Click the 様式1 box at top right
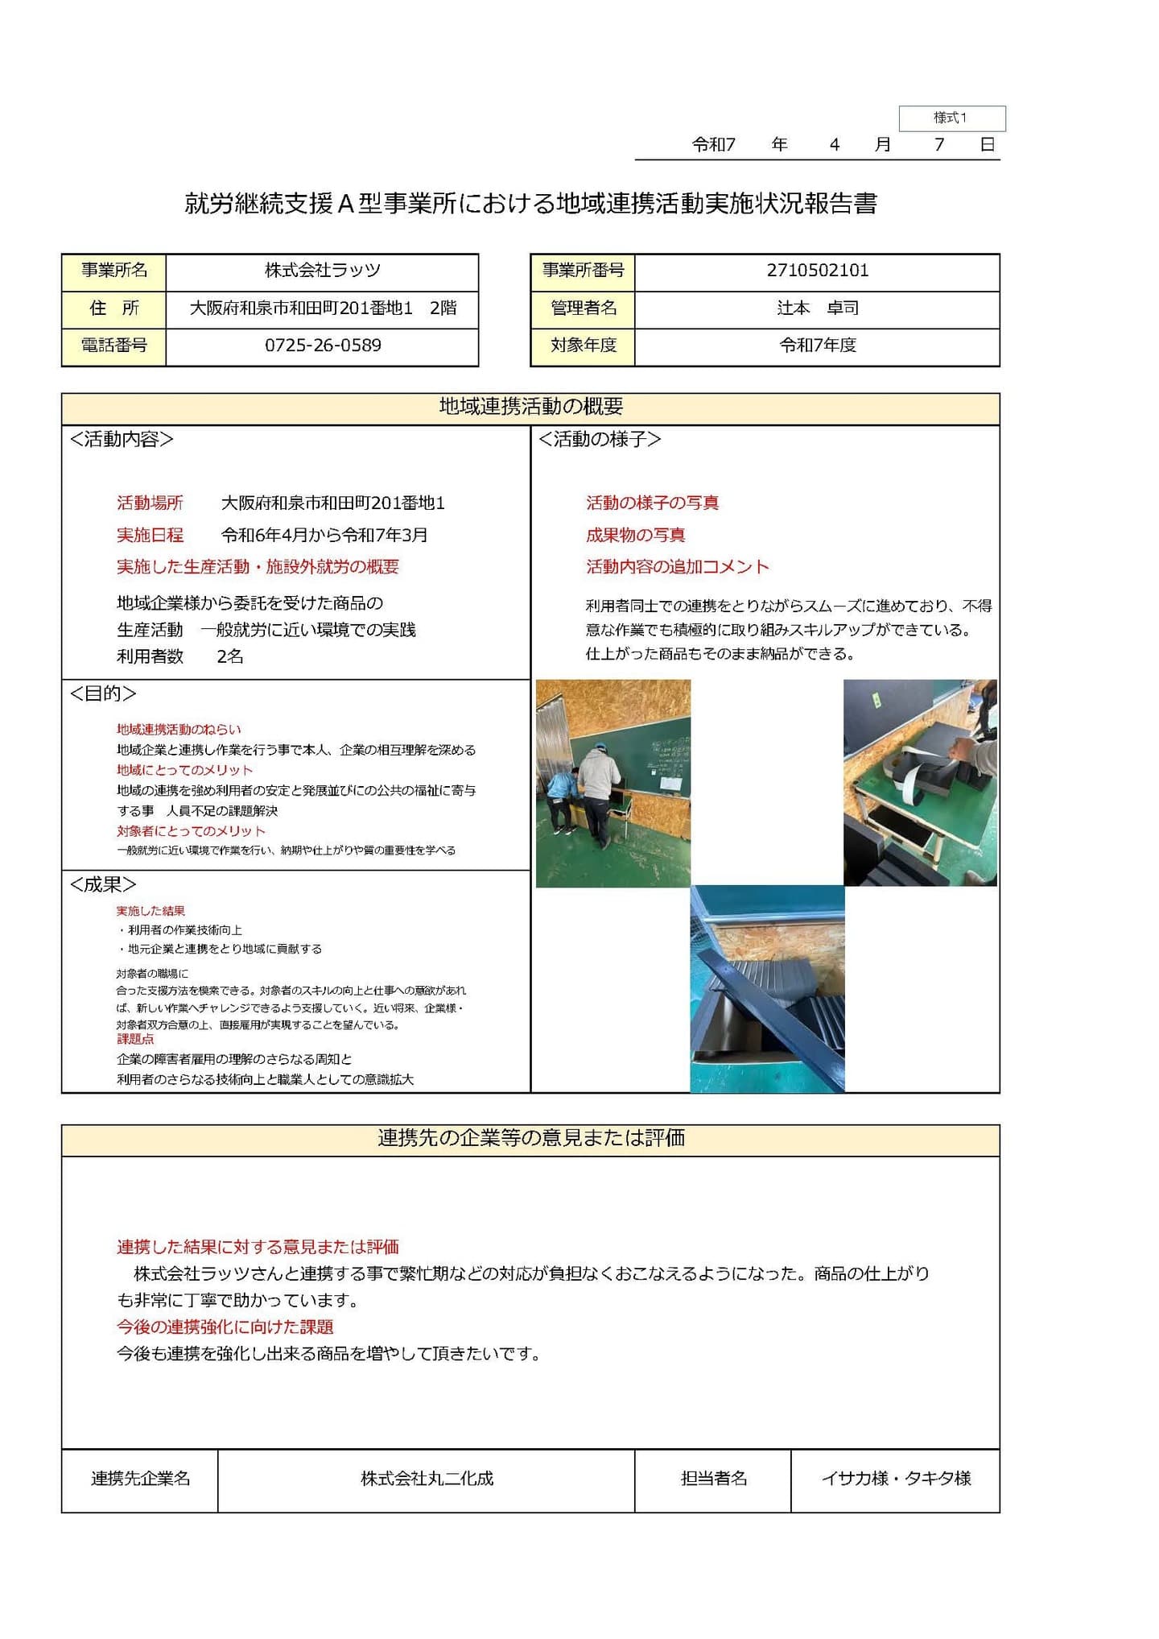point(951,118)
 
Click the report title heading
point(530,204)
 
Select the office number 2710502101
point(817,271)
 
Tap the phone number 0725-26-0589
point(323,346)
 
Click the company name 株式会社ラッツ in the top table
point(322,271)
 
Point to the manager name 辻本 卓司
point(817,308)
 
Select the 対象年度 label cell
point(583,346)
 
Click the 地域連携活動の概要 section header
point(530,407)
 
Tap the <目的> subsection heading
point(103,693)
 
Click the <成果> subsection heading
point(103,884)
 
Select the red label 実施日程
point(150,535)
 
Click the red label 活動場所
point(150,503)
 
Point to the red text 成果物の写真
point(635,535)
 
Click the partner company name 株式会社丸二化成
point(427,1479)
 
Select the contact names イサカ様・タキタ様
point(895,1479)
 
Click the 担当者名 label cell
point(713,1479)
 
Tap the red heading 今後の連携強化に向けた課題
point(225,1327)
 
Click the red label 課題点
point(134,1039)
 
